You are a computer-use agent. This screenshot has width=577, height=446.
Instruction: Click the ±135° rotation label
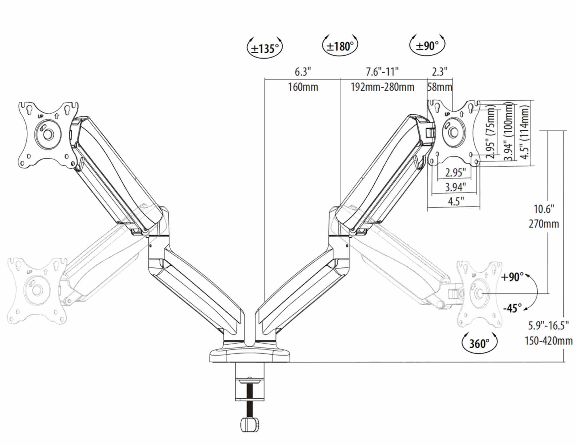point(265,49)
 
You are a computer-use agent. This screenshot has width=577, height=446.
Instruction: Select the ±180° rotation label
point(340,47)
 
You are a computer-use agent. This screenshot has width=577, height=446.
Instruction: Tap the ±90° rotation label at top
point(427,46)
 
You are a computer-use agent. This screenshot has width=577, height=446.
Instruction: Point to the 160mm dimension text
point(303,87)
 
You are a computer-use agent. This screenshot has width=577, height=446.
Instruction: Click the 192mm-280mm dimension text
point(382,87)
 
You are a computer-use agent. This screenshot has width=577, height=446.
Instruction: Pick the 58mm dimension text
point(440,87)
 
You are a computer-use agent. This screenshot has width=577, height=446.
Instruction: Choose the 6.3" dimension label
point(303,72)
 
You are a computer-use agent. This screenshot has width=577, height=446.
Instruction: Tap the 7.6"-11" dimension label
point(382,72)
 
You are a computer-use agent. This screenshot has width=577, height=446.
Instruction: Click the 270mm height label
point(544,224)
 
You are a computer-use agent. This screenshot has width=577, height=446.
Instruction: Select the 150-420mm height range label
point(549,341)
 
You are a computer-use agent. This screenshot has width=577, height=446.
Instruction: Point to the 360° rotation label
point(479,344)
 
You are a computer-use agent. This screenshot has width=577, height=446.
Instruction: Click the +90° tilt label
point(512,277)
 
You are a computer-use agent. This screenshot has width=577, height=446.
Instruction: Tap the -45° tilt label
point(512,308)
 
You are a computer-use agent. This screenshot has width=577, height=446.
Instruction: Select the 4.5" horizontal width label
point(456,201)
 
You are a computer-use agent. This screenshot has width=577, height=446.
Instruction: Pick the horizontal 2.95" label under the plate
point(454,173)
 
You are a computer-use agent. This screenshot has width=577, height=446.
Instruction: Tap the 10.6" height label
point(544,209)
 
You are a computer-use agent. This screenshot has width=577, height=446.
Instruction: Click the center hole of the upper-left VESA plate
point(48,134)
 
